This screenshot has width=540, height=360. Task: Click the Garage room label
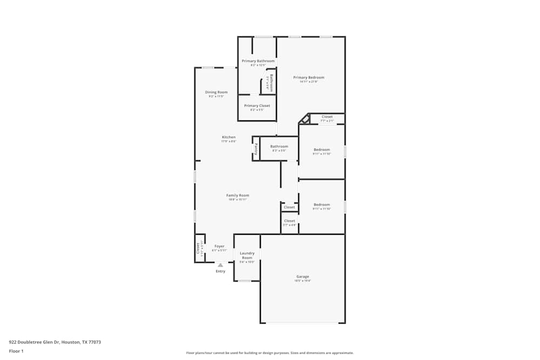302,276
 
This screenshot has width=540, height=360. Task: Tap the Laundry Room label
247,255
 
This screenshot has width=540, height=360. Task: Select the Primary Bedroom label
309,77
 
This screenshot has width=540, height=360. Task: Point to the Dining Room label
216,92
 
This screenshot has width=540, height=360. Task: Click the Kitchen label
228,137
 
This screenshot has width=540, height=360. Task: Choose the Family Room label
238,195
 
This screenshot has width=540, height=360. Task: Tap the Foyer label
219,246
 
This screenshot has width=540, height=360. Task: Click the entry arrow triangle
220,265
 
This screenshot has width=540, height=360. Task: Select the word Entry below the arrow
220,271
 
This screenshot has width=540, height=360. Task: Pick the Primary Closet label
257,106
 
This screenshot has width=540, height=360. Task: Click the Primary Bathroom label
258,61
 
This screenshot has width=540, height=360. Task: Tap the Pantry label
256,149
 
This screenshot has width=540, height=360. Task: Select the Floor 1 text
16,351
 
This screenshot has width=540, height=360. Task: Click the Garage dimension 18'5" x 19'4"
302,281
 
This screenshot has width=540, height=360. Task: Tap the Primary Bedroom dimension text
309,81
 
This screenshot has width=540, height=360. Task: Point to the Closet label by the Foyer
198,248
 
